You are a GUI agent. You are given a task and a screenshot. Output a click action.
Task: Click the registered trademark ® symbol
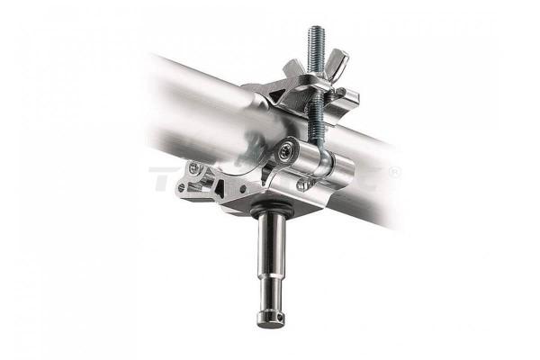393,173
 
